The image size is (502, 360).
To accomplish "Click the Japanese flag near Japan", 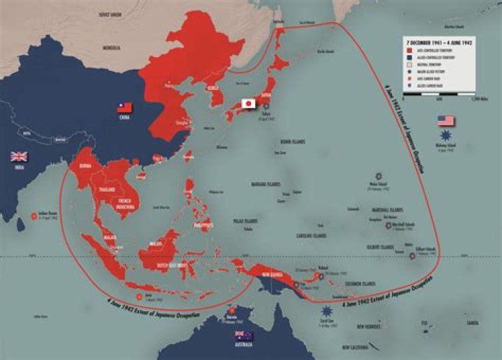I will pos(247,103).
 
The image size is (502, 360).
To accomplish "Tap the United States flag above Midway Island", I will pos(446,121).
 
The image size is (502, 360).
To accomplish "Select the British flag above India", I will pos(18,156).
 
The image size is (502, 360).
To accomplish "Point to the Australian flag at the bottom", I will pos(245,336).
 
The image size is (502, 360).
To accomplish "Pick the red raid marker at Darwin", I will pos(231,311).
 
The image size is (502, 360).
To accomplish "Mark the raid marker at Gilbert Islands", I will pos(412,255).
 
